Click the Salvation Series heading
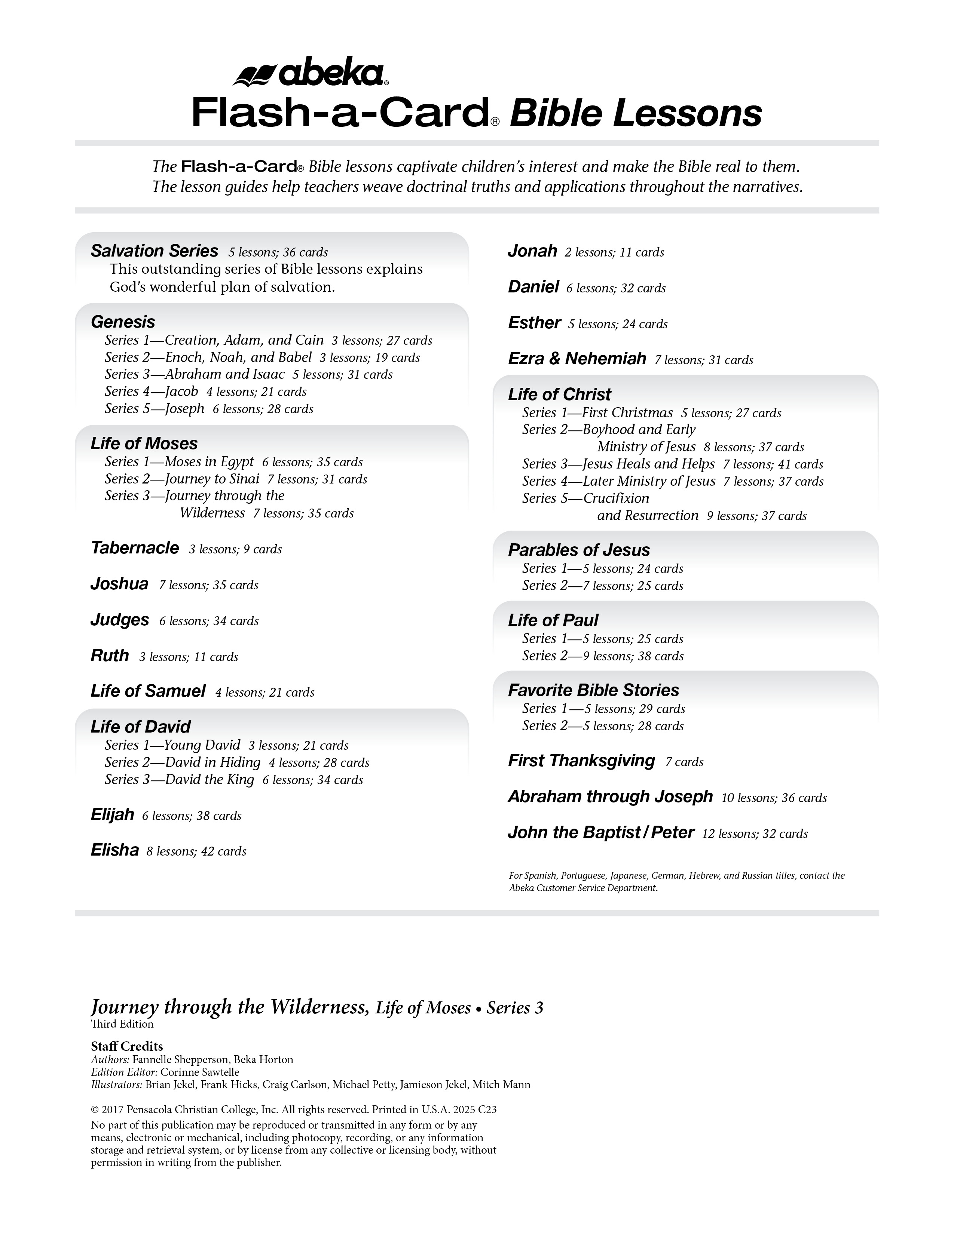tap(154, 251)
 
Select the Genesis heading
tap(123, 322)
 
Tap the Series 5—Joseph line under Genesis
tap(154, 408)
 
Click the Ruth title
tap(110, 656)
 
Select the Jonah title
tap(532, 251)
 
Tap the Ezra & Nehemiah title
tap(577, 358)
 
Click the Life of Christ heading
tap(559, 395)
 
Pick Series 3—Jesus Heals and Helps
tap(618, 464)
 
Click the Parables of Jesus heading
tap(579, 550)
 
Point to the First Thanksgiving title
tap(581, 761)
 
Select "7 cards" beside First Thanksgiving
tap(684, 762)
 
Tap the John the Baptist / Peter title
tap(601, 832)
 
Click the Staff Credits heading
tap(126, 1046)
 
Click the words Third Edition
tap(122, 1024)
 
